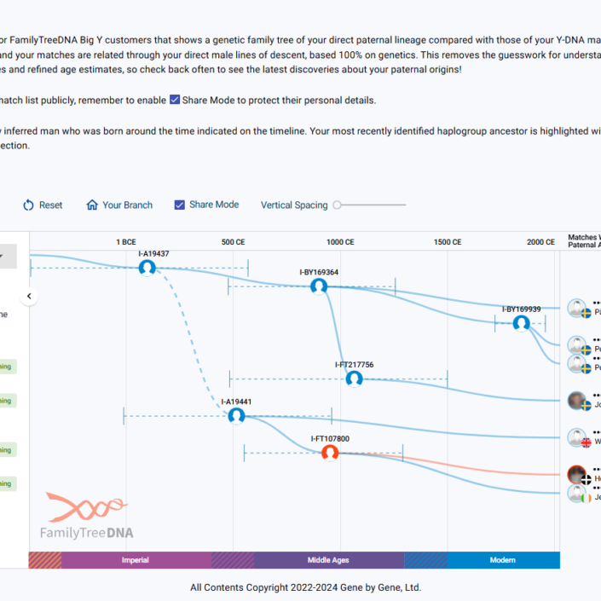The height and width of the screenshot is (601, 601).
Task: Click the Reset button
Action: [43, 205]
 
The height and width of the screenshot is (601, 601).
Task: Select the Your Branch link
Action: [119, 205]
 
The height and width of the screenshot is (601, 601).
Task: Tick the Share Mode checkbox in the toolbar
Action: [179, 205]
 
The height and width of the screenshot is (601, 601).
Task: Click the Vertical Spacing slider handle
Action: [338, 205]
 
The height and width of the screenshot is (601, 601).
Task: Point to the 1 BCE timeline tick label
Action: [126, 242]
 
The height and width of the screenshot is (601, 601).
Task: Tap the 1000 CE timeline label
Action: [340, 242]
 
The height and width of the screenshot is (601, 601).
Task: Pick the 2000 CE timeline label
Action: [540, 242]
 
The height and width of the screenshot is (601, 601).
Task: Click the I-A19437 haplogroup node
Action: [147, 268]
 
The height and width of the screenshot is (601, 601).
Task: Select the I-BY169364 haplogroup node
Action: [319, 286]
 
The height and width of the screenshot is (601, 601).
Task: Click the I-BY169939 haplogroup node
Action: [521, 323]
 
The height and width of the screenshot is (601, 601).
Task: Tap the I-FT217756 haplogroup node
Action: [354, 379]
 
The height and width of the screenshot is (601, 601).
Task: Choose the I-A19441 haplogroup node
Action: [236, 415]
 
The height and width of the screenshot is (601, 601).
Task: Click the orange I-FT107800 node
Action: [330, 453]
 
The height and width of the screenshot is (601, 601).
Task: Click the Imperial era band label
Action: [136, 560]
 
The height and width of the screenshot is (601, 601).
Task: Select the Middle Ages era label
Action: [328, 560]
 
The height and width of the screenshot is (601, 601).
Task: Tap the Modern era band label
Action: [502, 560]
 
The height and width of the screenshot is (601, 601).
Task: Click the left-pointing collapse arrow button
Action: [29, 297]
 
